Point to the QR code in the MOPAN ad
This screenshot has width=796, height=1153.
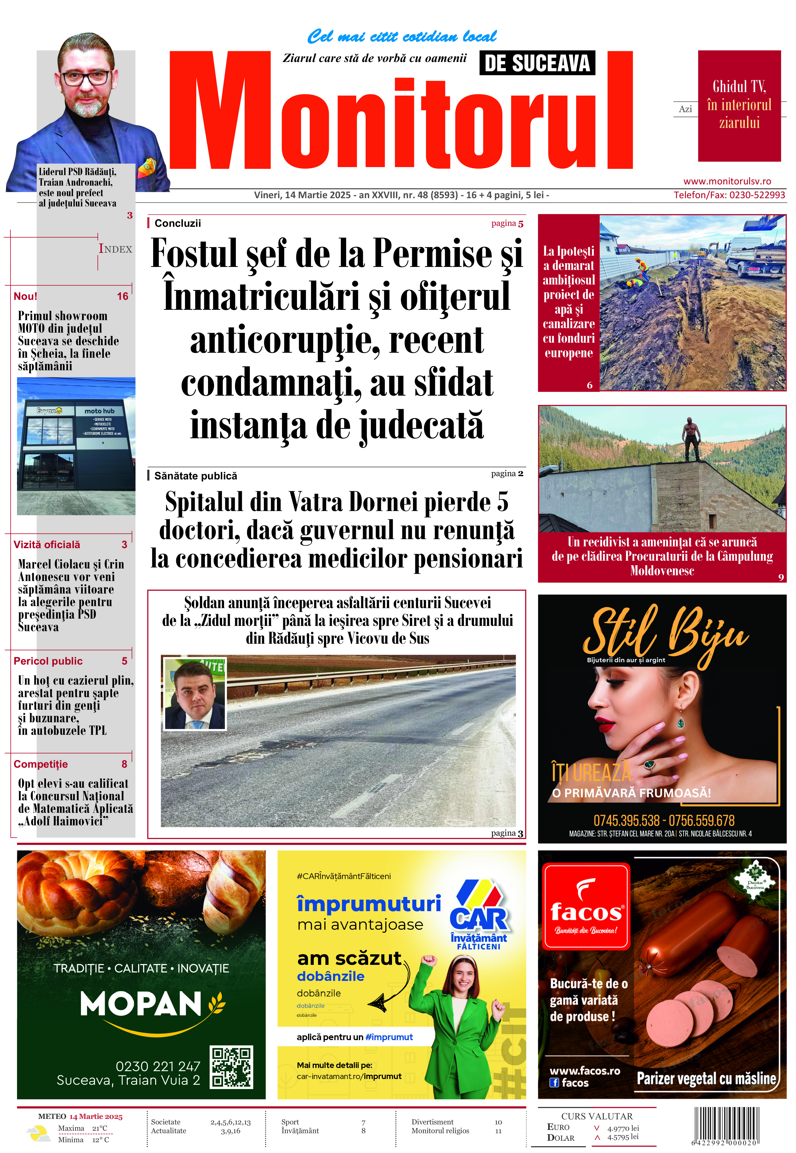(x=231, y=1067)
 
